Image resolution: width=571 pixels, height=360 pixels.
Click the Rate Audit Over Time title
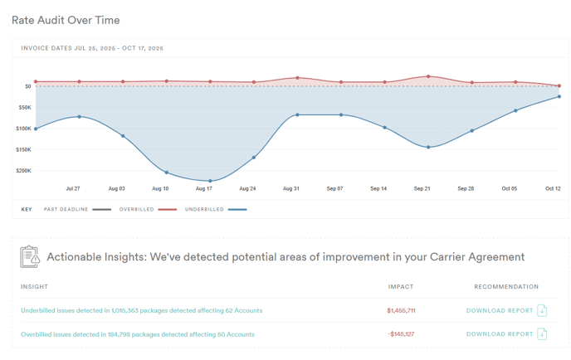(x=66, y=20)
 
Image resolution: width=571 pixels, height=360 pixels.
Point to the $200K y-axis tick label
(x=23, y=171)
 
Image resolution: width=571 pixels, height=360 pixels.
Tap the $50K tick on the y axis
(x=24, y=107)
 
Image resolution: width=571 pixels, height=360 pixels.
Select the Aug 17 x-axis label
(x=204, y=189)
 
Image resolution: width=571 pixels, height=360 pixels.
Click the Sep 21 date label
(x=422, y=189)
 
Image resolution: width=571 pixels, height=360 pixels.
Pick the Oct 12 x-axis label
(x=553, y=189)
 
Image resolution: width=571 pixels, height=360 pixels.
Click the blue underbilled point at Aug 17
(x=210, y=181)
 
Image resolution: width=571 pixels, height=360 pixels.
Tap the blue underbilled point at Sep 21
(x=428, y=148)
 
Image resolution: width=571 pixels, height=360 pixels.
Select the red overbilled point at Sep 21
(x=428, y=76)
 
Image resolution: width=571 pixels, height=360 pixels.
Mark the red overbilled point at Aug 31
(x=297, y=78)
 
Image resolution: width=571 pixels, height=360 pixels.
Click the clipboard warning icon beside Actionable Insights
(x=30, y=257)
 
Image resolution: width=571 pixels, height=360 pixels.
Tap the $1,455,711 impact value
(x=401, y=311)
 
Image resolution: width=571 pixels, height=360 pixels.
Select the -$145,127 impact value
(x=401, y=334)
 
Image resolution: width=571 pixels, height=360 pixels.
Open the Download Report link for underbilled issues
(x=500, y=311)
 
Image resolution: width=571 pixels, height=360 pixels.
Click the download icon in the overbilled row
(x=542, y=334)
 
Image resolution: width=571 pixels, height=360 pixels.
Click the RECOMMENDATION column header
(x=506, y=287)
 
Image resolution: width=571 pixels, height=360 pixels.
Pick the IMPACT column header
(x=401, y=287)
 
